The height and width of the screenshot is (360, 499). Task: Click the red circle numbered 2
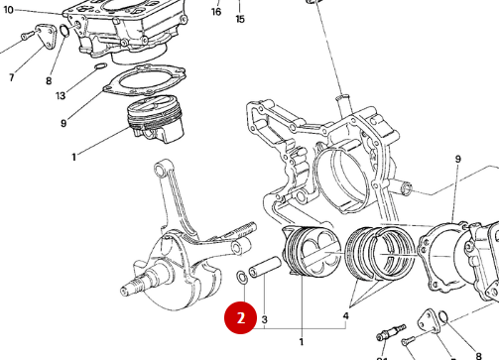point(240,318)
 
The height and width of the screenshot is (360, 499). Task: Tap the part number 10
point(9,10)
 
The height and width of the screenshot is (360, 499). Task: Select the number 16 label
point(216,13)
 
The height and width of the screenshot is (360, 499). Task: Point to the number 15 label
point(239,19)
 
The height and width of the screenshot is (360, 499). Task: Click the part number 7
point(11,77)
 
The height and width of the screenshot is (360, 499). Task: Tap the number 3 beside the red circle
point(265,318)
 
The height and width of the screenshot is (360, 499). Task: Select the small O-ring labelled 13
point(99,67)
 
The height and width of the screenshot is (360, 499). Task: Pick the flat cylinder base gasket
point(144,80)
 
